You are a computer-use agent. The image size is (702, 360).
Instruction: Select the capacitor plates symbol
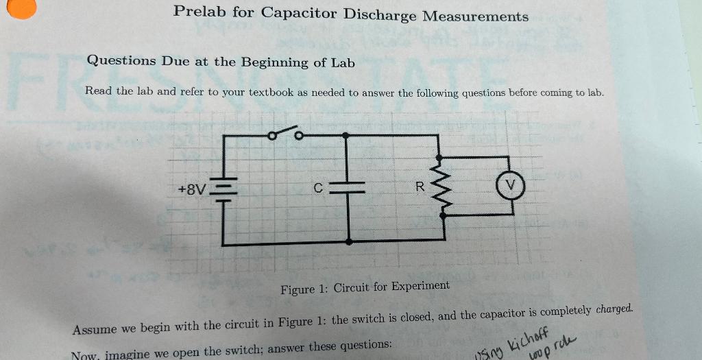tap(349, 187)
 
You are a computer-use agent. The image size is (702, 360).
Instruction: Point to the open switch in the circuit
tap(287, 133)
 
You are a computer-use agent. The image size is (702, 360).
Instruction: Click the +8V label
tap(191, 188)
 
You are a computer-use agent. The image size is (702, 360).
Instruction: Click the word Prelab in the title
tap(200, 12)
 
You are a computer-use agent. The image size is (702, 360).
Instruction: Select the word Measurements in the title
tap(475, 16)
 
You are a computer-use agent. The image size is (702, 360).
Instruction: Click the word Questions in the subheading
tap(121, 60)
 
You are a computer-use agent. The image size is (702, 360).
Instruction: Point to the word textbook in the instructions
tap(271, 92)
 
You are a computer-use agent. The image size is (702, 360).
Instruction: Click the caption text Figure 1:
tap(304, 289)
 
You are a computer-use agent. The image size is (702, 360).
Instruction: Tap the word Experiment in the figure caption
tap(420, 286)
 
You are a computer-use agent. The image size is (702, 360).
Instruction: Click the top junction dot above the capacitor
tap(349, 135)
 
